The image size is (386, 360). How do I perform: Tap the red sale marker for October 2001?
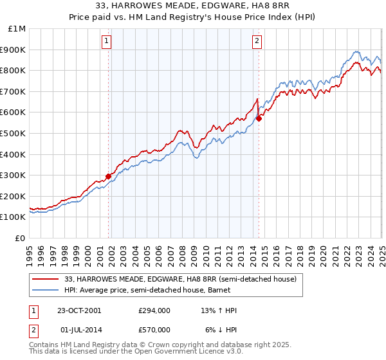coord(109,176)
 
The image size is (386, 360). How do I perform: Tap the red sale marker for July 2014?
coord(259,118)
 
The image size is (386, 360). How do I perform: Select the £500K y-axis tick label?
coord(14,134)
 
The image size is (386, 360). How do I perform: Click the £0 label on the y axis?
coord(20,238)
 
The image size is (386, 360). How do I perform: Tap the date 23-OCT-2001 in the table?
coord(79,310)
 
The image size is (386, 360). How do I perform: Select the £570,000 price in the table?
coord(155,330)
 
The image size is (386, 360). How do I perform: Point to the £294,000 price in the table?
coord(155,310)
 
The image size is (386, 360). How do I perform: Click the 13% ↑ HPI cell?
coord(219,310)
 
